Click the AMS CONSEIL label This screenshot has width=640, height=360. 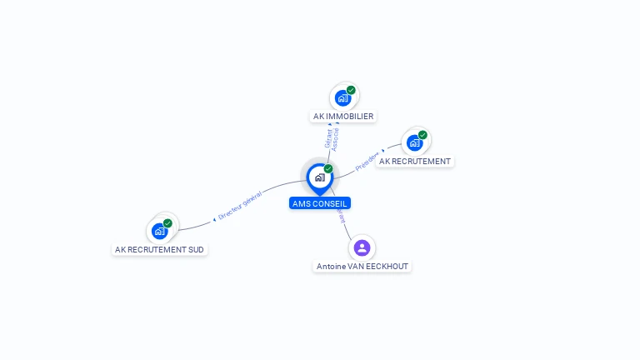320,203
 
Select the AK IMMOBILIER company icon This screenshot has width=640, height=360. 342,98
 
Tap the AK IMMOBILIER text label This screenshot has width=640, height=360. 343,117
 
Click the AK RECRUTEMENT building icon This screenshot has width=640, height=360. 414,142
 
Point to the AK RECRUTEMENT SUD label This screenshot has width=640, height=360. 159,249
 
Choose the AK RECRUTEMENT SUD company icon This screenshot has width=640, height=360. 159,231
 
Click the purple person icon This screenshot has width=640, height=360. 362,247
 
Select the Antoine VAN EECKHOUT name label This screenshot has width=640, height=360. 363,267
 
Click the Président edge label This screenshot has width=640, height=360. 367,162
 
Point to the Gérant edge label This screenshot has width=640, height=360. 328,138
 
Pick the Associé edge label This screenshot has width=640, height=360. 336,138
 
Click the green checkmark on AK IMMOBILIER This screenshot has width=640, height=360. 351,90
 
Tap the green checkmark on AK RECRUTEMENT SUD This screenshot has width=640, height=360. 167,223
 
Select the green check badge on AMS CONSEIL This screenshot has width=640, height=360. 328,168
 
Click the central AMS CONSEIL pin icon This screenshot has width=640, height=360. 319,177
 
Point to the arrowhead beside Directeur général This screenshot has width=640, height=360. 214,219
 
